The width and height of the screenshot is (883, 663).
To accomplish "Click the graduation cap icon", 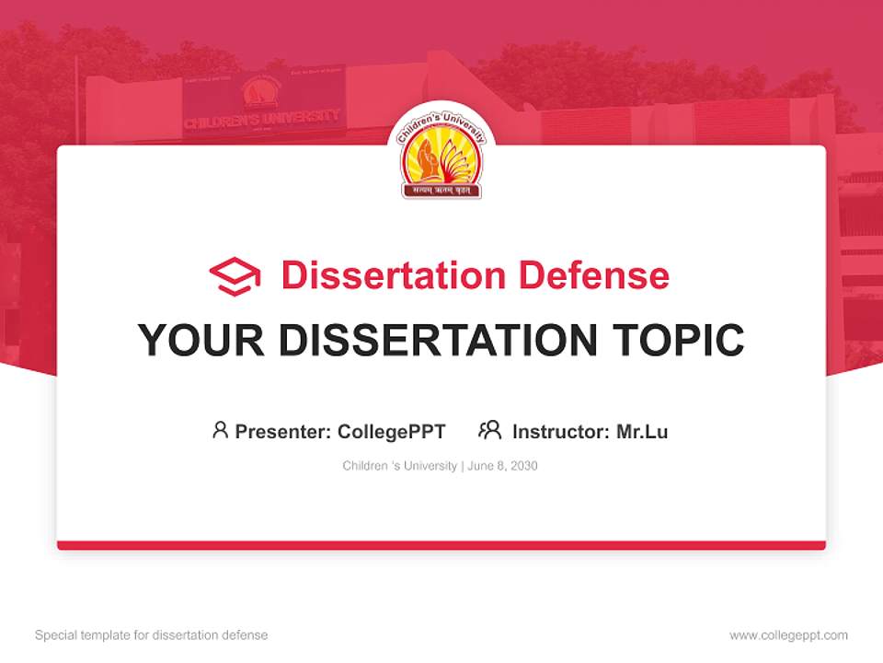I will coord(235,276).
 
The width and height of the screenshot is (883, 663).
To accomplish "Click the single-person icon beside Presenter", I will coord(220,430).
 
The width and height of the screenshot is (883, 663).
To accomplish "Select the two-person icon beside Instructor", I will coord(489,430).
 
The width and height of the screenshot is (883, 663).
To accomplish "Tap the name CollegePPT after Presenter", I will coord(392,431).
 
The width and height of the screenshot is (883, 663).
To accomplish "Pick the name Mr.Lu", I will coord(642,431).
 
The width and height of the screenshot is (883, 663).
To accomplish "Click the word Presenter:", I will coord(283,431).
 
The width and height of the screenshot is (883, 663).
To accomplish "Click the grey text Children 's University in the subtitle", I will coord(399,466).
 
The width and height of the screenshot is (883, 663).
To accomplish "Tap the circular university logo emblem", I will coord(441,152).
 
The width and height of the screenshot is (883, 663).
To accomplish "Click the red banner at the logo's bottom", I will coord(441,191).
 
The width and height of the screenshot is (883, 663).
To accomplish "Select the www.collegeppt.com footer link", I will coord(788,635).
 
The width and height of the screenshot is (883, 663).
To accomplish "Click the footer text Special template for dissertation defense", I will coord(152,635).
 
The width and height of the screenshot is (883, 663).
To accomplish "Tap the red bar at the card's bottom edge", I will coord(441,545).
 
